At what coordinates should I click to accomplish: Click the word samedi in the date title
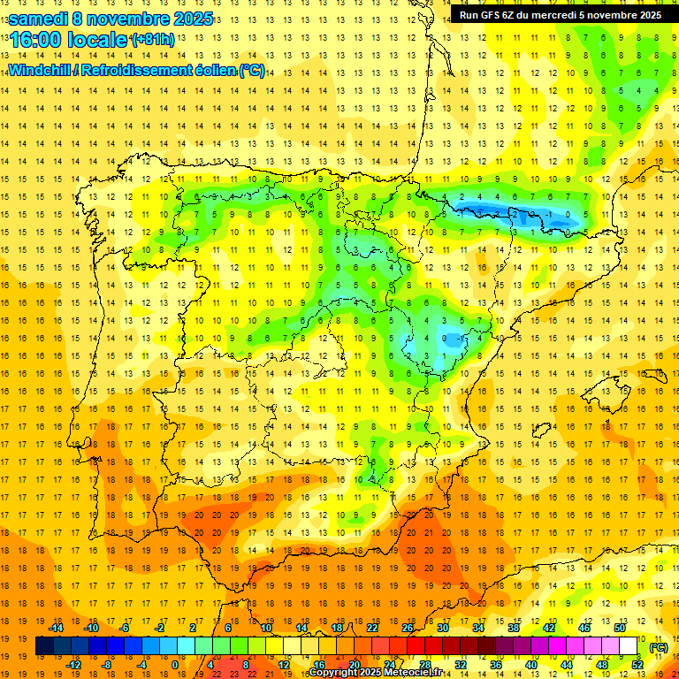(38, 18)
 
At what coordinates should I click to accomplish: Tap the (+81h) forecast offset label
(152, 40)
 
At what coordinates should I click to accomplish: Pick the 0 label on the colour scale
(175, 665)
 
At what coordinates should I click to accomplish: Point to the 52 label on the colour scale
(637, 665)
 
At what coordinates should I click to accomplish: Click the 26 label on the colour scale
(408, 628)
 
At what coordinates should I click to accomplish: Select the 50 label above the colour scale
(620, 628)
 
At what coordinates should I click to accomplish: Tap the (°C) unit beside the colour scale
(659, 647)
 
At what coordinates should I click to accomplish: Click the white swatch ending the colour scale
(629, 646)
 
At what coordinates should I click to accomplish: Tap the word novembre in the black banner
(612, 15)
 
